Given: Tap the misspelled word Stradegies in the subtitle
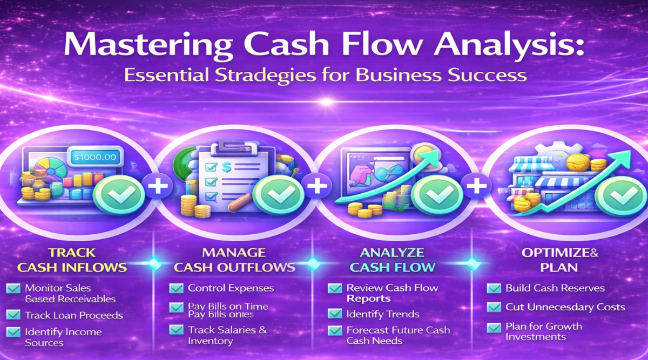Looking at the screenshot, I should click(x=221, y=74).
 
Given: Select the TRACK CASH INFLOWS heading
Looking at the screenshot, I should click(x=72, y=260).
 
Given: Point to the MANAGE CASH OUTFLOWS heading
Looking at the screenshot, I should click(x=233, y=260).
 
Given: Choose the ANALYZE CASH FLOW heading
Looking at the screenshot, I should click(x=393, y=260).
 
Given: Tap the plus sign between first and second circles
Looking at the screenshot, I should click(x=157, y=187).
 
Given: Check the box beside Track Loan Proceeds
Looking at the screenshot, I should click(x=13, y=315).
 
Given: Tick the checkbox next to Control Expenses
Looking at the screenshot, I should click(x=176, y=288).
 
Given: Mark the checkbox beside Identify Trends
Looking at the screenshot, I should click(x=335, y=314).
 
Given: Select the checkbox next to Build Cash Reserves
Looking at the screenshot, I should click(x=494, y=288).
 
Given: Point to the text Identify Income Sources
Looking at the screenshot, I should click(x=63, y=337).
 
